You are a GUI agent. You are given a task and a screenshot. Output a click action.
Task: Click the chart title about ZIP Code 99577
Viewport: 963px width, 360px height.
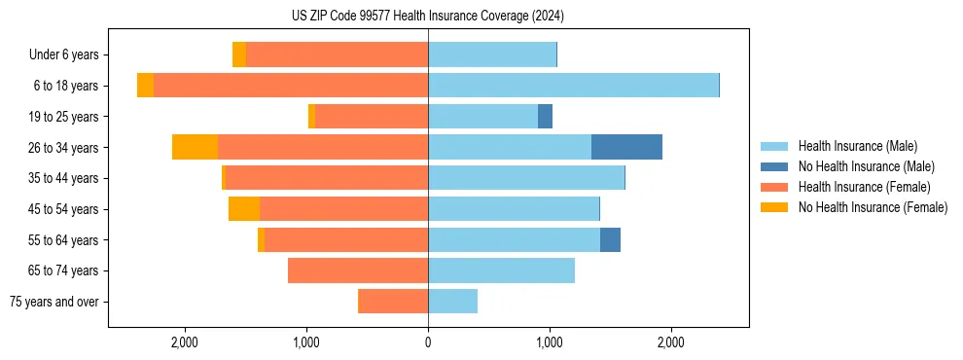tap(427, 17)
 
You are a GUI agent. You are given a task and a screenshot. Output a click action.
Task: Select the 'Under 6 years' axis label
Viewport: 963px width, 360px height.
tap(69, 55)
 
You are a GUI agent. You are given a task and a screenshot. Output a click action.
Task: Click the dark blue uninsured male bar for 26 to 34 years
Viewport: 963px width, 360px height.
tap(626, 147)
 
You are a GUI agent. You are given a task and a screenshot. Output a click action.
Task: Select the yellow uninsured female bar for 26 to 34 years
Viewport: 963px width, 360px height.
tap(195, 147)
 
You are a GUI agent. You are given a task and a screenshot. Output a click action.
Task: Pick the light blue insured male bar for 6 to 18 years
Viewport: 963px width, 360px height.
tap(573, 86)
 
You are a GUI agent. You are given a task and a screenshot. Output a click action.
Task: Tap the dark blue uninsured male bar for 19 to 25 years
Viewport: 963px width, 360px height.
tap(545, 117)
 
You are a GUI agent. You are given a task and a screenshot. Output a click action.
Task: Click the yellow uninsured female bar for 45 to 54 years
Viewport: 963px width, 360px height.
tap(244, 208)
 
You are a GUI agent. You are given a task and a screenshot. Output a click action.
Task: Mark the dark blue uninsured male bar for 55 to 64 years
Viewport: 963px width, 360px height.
tap(610, 239)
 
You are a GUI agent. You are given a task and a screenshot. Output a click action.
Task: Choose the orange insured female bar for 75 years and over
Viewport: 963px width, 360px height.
tap(394, 302)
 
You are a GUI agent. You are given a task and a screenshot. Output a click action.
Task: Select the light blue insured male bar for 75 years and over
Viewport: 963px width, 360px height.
tap(452, 302)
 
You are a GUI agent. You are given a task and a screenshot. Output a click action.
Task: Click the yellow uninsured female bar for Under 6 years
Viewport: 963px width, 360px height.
tap(239, 54)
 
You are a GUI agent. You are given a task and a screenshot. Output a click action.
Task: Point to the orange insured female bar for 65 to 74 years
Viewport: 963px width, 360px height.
tap(358, 270)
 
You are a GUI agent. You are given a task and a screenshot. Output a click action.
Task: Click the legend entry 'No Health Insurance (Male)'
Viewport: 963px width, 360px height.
tap(866, 166)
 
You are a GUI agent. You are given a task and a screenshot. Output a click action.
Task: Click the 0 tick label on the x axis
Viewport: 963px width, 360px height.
tap(428, 342)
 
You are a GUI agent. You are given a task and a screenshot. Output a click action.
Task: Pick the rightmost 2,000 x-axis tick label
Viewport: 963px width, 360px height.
tap(670, 342)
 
